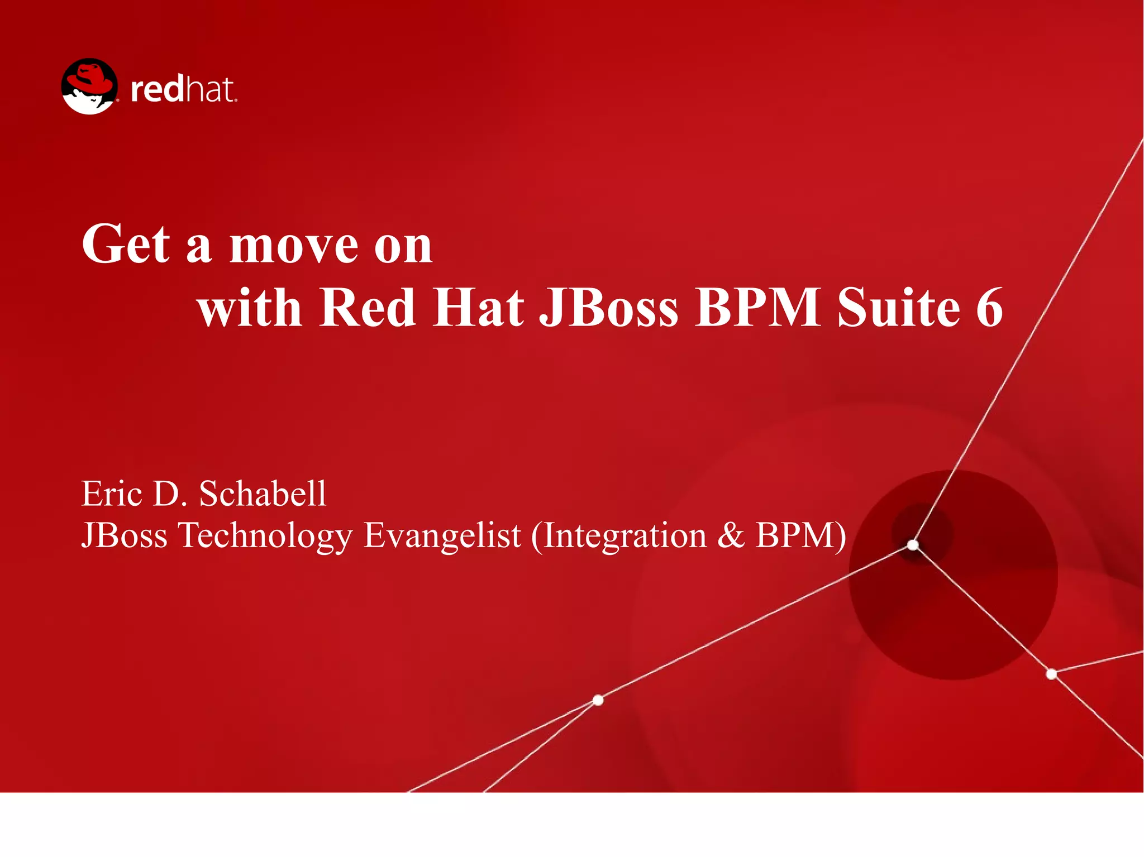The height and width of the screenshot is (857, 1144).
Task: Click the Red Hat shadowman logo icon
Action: [89, 87]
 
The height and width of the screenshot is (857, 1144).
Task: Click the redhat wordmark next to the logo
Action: [183, 90]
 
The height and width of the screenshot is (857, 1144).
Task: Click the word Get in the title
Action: [126, 244]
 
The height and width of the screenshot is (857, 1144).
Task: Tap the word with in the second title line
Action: [250, 308]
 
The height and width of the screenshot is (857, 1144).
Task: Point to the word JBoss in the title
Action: [608, 308]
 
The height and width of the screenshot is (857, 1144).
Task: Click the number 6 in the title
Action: [989, 308]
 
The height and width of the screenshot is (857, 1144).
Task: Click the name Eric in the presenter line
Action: [112, 494]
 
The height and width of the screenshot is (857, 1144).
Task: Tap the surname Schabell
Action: [263, 494]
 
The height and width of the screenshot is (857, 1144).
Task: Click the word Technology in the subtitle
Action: [265, 536]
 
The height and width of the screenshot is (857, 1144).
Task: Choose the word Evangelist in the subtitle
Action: [442, 536]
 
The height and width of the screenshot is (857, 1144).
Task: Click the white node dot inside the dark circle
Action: [913, 544]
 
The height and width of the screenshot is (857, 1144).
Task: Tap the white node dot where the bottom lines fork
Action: [598, 700]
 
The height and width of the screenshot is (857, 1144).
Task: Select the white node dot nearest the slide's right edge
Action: [1051, 674]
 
